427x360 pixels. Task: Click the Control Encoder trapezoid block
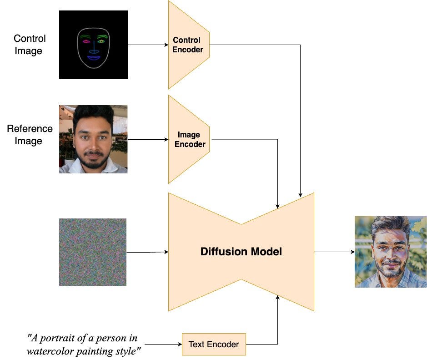pyautogui.click(x=188, y=45)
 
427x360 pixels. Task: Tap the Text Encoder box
pyautogui.click(x=213, y=344)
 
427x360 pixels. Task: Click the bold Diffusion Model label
pyautogui.click(x=241, y=252)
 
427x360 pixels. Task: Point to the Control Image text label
pyautogui.click(x=29, y=45)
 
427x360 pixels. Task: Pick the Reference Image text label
pyautogui.click(x=29, y=135)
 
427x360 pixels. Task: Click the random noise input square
pyautogui.click(x=93, y=252)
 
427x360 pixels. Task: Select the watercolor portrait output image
pyautogui.click(x=391, y=251)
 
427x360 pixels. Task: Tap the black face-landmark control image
pyautogui.click(x=93, y=45)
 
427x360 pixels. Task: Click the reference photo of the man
pyautogui.click(x=93, y=139)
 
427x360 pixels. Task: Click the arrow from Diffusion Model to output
pyautogui.click(x=334, y=252)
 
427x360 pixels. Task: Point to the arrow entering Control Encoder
pyautogui.click(x=148, y=45)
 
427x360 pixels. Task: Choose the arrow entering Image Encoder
pyautogui.click(x=148, y=139)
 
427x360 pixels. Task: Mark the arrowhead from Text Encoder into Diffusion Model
pyautogui.click(x=277, y=297)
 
